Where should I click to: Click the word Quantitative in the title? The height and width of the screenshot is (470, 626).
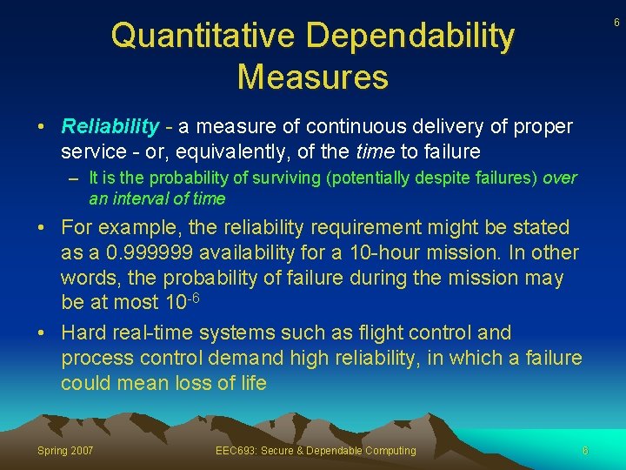pyautogui.click(x=203, y=37)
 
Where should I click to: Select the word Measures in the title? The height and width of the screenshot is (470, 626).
pyautogui.click(x=312, y=77)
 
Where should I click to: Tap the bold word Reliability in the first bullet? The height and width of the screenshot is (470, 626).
pyautogui.click(x=110, y=127)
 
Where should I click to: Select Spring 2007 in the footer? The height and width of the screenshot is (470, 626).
pyautogui.click(x=65, y=450)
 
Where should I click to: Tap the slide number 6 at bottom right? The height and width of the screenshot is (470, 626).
pyautogui.click(x=585, y=450)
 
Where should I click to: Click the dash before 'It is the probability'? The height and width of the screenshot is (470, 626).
pyautogui.click(x=78, y=178)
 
